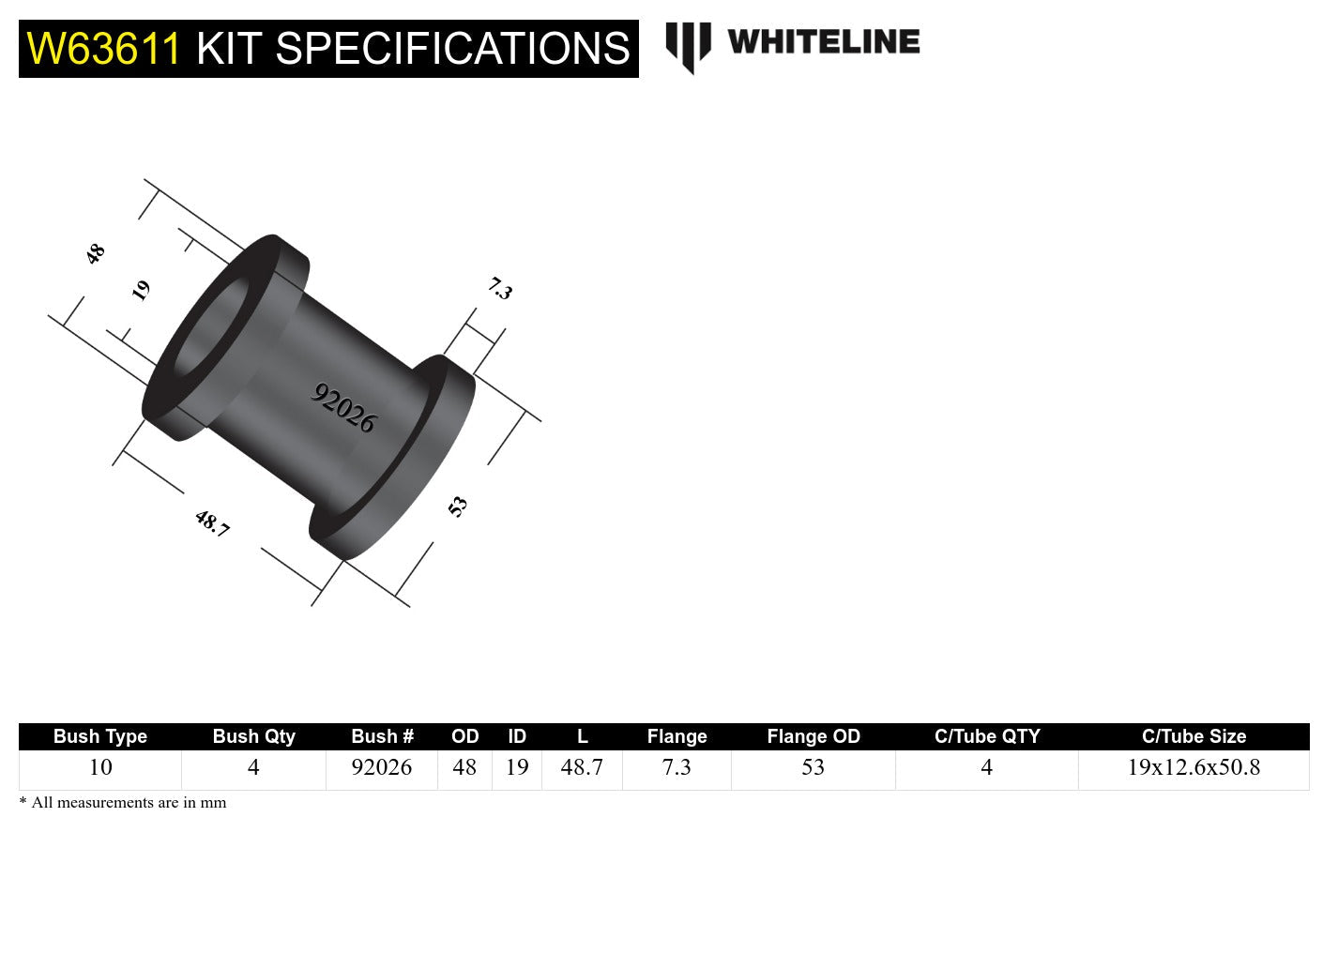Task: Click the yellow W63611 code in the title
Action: coord(103,49)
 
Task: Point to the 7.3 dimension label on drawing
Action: coord(500,289)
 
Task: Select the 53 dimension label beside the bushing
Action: coord(458,507)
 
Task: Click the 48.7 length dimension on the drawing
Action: coord(212,523)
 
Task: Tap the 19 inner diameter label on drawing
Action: coord(141,290)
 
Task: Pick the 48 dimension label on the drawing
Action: coord(95,253)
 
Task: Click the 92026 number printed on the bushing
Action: coord(343,408)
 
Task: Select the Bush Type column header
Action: coord(100,736)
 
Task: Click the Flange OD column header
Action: coord(813,736)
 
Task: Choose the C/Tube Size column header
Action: coord(1194,736)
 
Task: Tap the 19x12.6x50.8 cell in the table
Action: coord(1194,767)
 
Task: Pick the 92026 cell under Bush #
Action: coord(382,767)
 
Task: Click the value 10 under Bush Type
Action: coord(100,767)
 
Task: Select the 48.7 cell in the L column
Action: coord(582,767)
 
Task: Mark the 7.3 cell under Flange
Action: coord(677,767)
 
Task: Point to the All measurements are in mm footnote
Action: coord(123,803)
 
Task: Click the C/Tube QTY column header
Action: coord(987,736)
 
